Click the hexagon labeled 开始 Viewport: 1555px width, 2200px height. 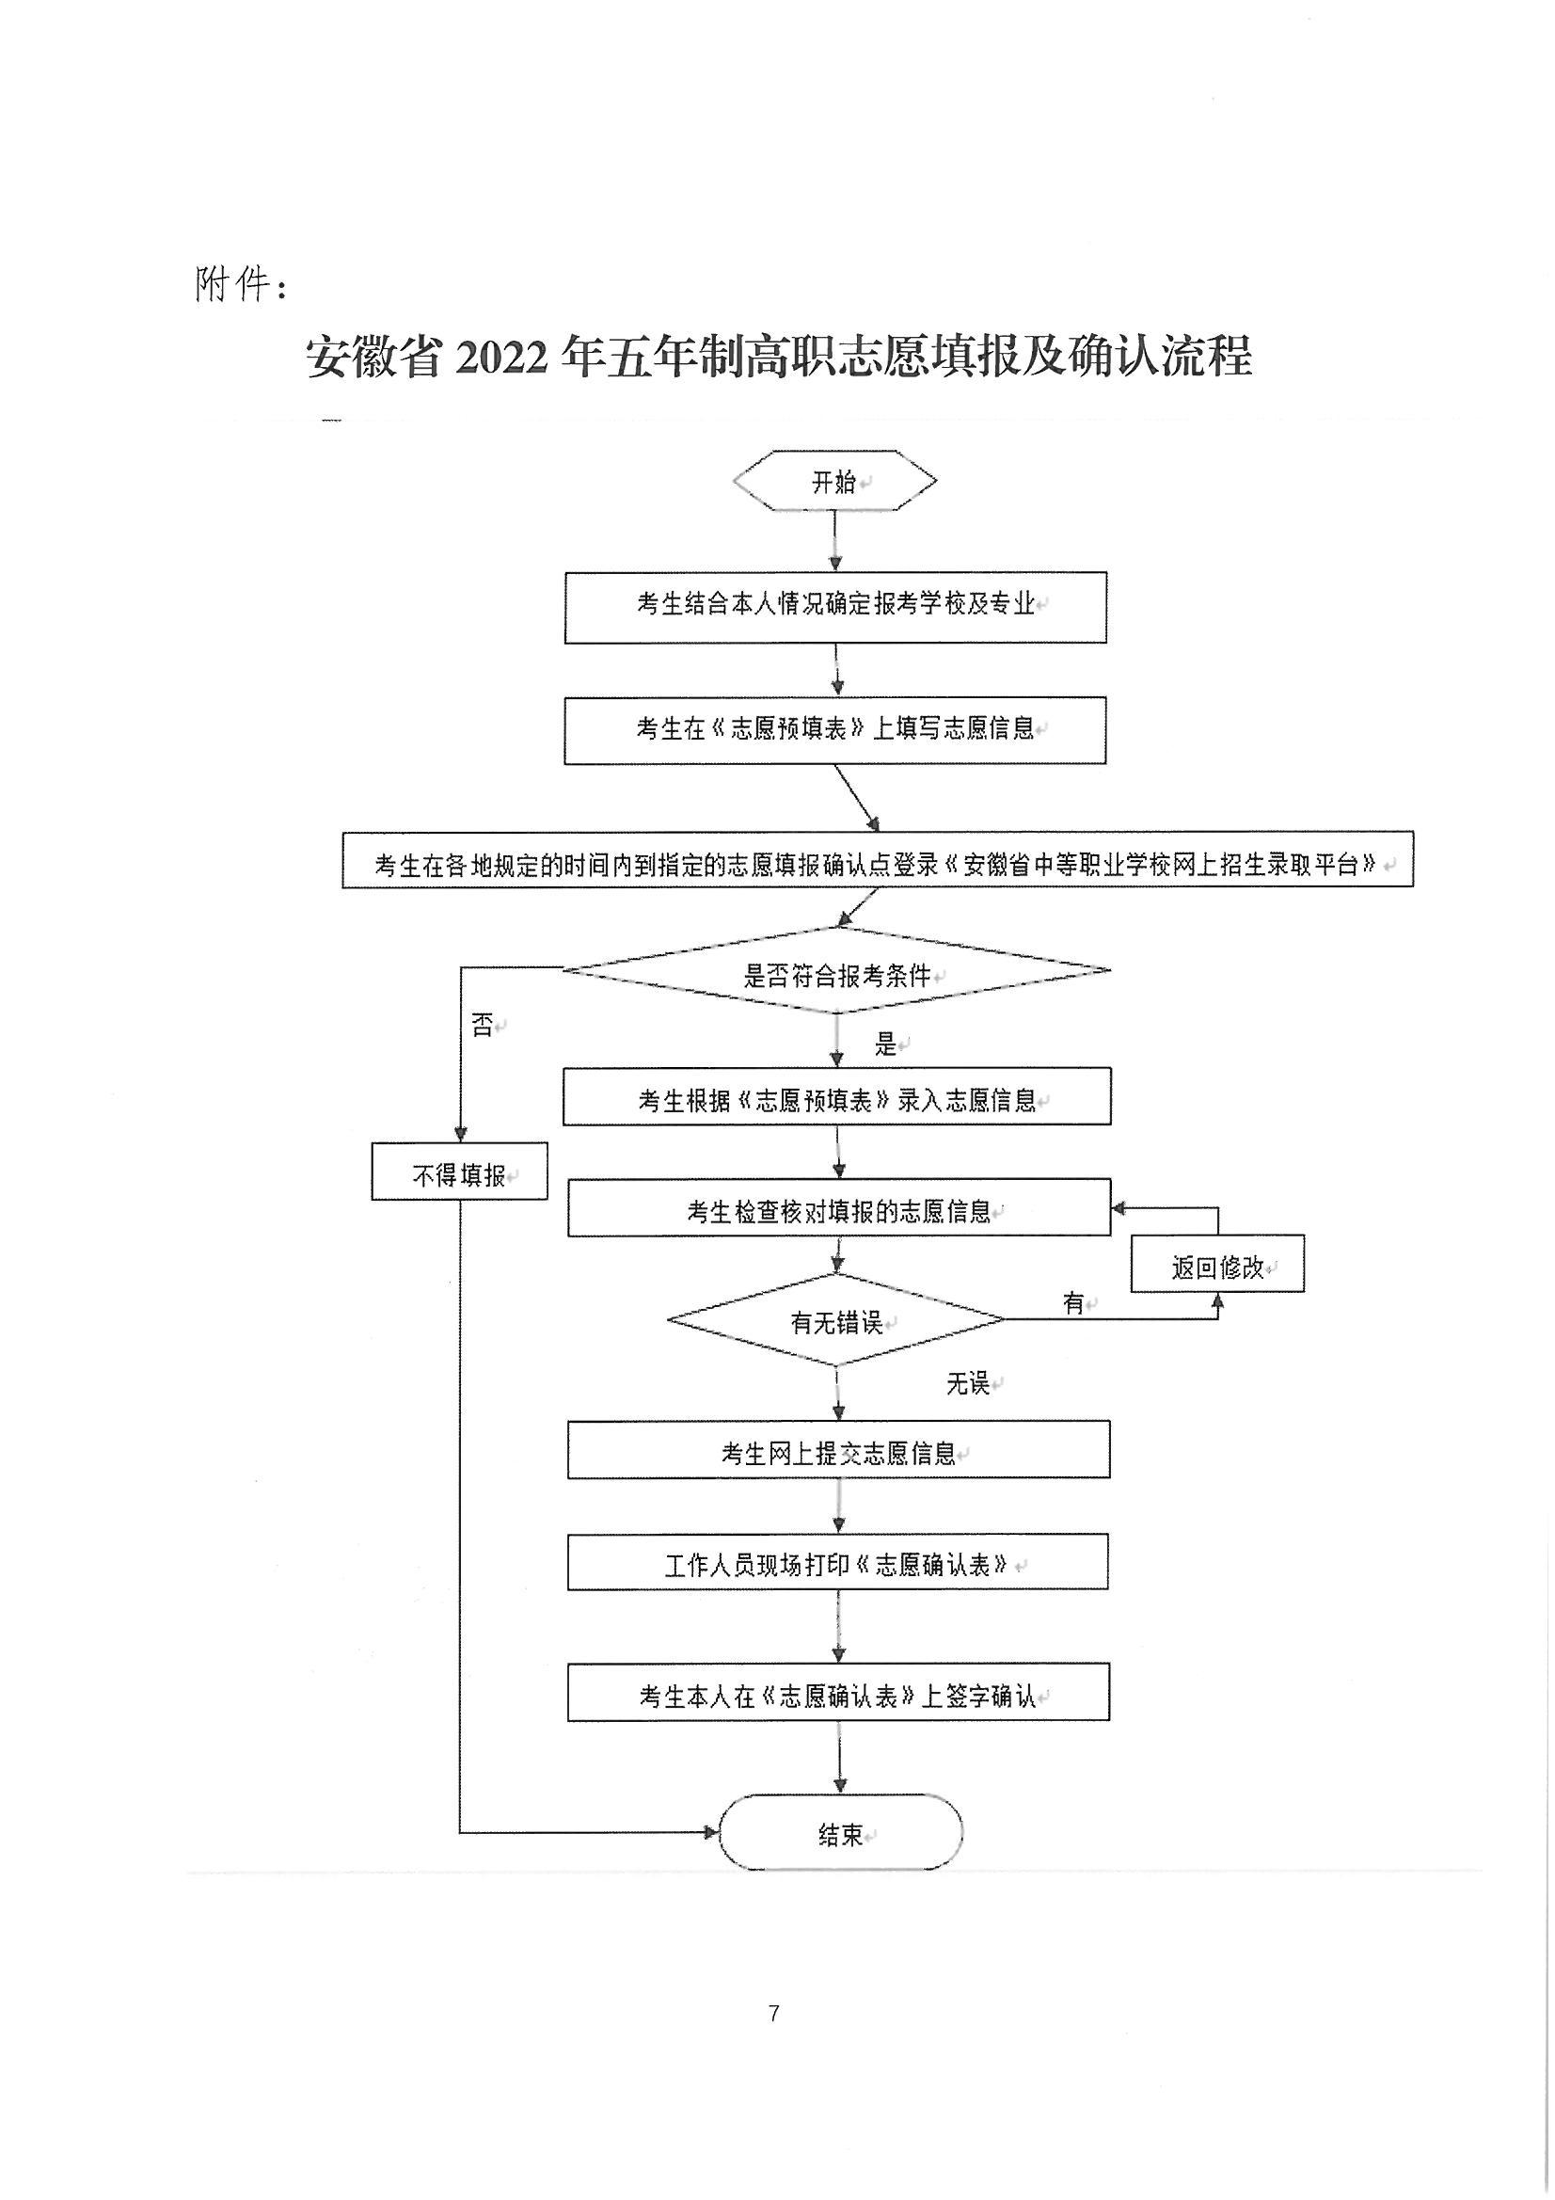(x=834, y=480)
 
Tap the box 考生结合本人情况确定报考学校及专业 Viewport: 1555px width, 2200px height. (x=835, y=608)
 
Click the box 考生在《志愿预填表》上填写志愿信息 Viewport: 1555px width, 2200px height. (x=835, y=730)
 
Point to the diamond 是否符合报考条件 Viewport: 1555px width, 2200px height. (x=836, y=970)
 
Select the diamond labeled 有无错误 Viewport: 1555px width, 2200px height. (x=836, y=1319)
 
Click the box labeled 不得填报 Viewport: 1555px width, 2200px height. (x=459, y=1171)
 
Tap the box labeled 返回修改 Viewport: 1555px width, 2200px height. (x=1216, y=1263)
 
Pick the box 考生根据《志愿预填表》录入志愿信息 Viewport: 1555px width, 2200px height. (x=836, y=1096)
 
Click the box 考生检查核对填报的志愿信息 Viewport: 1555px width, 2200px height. (x=839, y=1207)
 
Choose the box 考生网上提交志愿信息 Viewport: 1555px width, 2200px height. (x=838, y=1450)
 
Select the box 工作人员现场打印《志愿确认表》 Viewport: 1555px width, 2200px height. (x=838, y=1562)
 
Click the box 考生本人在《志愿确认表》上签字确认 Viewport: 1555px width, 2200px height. (x=838, y=1692)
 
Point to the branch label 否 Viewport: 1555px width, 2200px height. (x=483, y=1026)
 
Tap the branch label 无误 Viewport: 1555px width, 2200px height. (x=968, y=1382)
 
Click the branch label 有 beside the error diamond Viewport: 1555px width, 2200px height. (x=1073, y=1303)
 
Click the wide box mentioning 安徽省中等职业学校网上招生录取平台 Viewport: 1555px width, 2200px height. (x=878, y=859)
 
